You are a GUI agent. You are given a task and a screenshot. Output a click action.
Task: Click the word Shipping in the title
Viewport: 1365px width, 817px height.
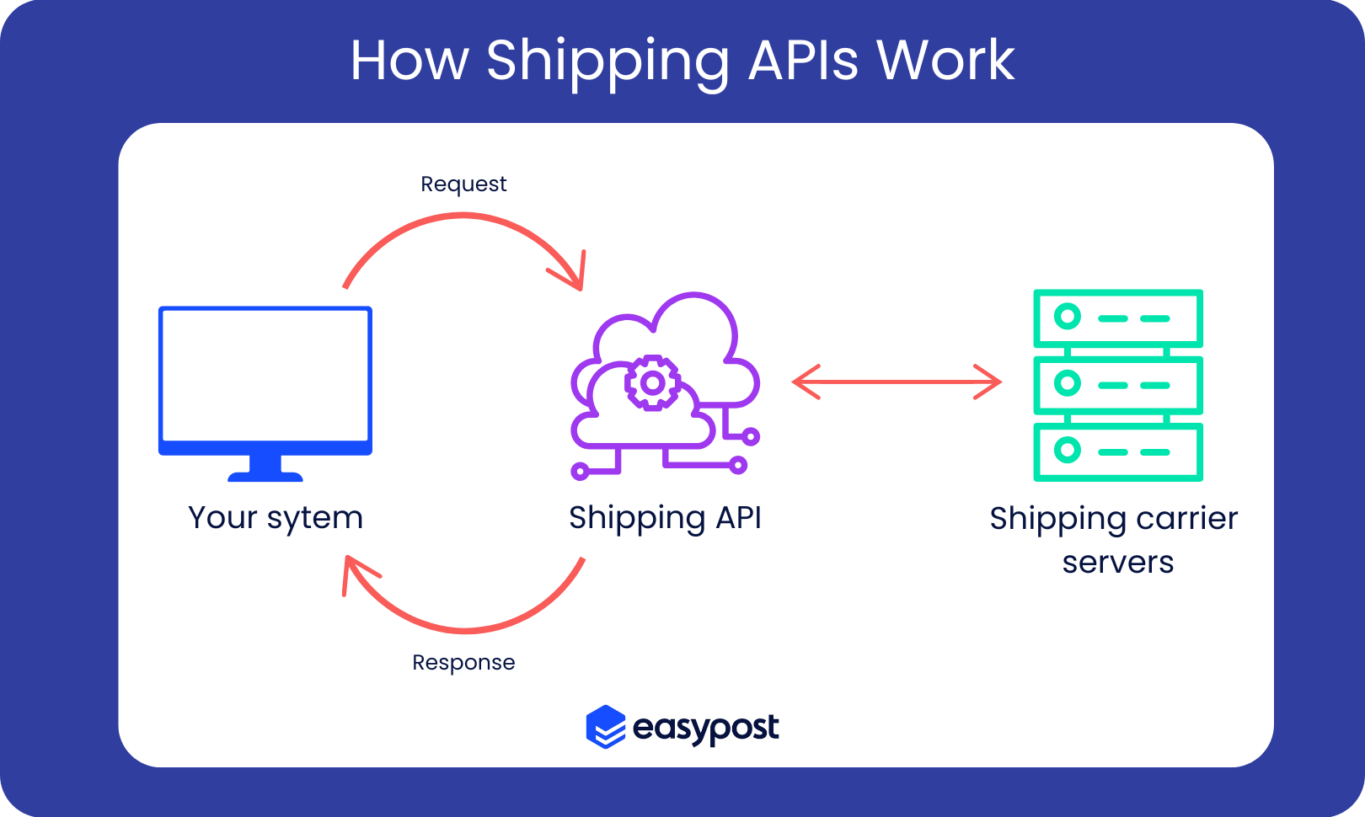[608, 61]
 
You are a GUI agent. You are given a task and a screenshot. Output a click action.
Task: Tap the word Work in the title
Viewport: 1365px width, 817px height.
[945, 61]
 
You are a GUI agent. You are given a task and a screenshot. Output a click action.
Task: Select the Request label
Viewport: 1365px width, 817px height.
[463, 184]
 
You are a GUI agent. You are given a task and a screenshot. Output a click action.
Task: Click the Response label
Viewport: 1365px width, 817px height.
[463, 663]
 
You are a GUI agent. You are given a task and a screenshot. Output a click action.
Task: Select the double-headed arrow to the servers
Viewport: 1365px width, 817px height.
[897, 382]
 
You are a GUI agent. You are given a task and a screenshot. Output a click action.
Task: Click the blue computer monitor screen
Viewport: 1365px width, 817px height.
[265, 375]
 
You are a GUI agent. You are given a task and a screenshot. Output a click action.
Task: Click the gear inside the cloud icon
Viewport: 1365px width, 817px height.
[651, 383]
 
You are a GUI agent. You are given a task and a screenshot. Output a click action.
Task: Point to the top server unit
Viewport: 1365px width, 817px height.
[1118, 318]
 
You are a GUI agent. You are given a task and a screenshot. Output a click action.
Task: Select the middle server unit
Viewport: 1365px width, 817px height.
[1118, 385]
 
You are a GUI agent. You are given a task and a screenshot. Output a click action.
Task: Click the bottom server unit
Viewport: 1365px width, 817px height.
[1118, 451]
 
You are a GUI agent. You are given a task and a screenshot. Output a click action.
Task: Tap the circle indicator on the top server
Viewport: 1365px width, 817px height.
[1068, 317]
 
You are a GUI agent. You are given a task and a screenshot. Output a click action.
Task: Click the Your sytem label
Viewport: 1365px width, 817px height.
[276, 518]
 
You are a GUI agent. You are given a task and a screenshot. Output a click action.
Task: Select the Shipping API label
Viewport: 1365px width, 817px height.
[665, 518]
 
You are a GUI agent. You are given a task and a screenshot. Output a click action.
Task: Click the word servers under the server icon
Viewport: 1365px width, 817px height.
[1117, 562]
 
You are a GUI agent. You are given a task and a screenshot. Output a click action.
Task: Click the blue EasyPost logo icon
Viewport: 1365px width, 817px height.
[606, 727]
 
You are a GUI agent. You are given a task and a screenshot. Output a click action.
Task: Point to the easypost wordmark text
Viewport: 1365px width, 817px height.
[705, 728]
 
